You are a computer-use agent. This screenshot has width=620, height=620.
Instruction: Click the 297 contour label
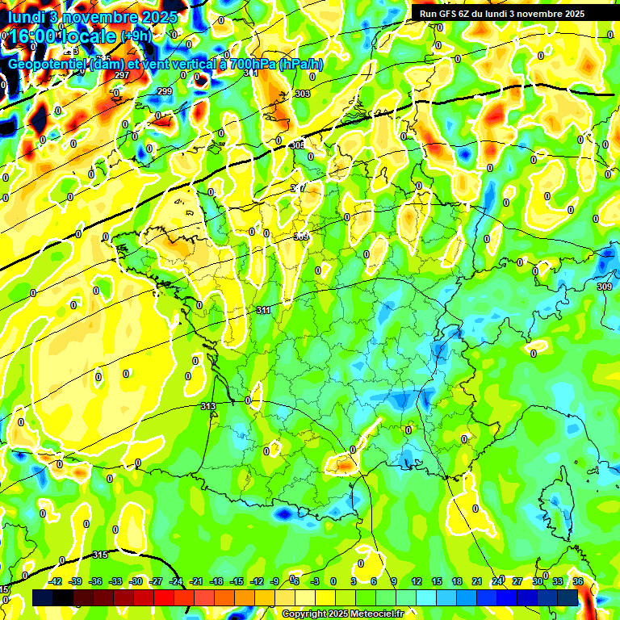(122, 75)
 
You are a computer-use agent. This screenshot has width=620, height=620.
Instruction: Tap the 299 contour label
(165, 91)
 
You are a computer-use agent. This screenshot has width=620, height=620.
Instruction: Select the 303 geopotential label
(302, 94)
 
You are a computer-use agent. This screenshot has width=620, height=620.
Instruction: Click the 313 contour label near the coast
(207, 406)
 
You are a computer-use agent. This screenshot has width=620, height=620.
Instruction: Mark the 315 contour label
(100, 555)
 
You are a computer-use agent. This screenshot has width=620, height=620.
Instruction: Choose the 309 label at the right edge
(604, 287)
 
